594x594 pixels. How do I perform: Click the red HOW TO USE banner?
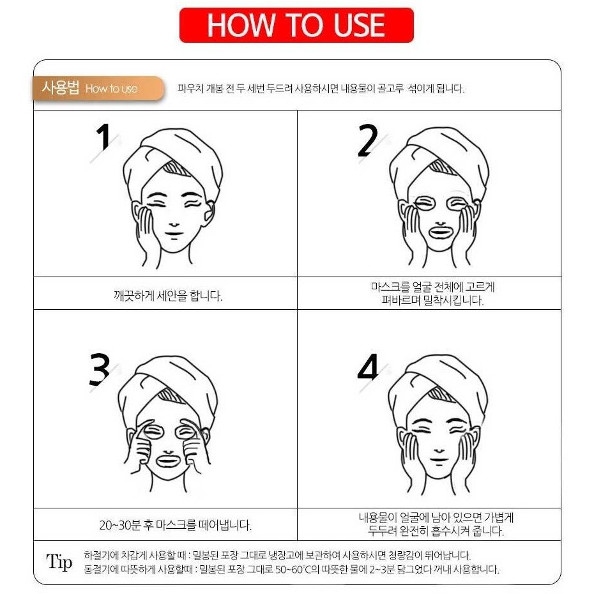296,25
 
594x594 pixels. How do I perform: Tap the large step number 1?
103,137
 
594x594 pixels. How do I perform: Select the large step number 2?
367,141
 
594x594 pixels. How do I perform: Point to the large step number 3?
99,370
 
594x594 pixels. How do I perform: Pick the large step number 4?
368,367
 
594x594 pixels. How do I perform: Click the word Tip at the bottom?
59,561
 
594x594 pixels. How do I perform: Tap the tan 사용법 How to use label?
98,88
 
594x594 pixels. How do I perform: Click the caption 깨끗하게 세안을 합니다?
168,296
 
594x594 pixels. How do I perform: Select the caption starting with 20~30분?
176,525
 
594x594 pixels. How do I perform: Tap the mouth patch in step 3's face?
170,461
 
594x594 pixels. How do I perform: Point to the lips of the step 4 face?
439,460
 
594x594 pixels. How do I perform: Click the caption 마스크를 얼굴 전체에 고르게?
433,287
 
